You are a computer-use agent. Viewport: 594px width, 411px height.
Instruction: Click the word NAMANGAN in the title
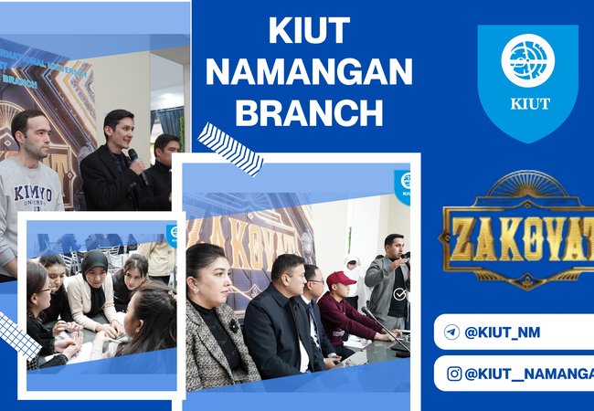click(308, 72)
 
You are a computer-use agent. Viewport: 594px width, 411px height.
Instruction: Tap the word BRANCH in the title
click(308, 112)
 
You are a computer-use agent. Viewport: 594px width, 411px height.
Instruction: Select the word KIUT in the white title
click(308, 32)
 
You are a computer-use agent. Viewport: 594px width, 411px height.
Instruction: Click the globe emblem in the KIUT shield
click(527, 59)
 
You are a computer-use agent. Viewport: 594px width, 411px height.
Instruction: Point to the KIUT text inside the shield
click(529, 102)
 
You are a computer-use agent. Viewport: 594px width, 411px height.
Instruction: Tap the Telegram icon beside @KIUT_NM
click(451, 332)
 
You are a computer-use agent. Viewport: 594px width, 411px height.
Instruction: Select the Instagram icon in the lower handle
click(453, 373)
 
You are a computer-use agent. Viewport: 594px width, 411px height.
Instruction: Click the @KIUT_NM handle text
click(503, 332)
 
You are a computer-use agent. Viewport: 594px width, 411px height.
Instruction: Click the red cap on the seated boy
click(341, 278)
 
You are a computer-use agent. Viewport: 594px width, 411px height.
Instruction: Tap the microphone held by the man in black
click(133, 156)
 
